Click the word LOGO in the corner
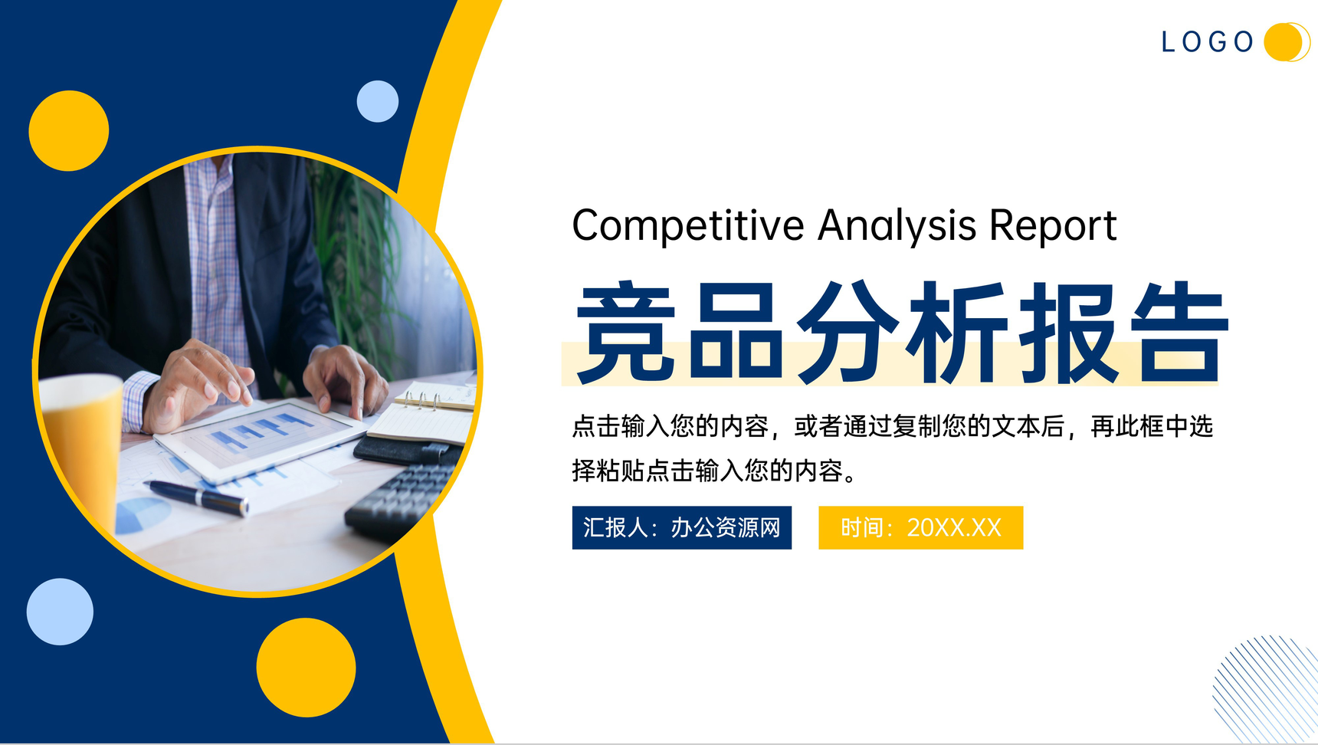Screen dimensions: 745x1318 tap(1207, 41)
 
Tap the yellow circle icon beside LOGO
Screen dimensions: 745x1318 tap(1285, 41)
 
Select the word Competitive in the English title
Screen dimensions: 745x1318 tap(687, 226)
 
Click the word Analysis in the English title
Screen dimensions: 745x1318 tap(897, 226)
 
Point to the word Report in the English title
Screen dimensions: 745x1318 tap(1052, 226)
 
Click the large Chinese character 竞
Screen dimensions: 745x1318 tap(626, 333)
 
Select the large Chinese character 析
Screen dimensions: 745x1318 tap(957, 333)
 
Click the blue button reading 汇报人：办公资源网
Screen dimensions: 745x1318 tap(681, 527)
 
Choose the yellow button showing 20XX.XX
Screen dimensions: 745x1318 tap(920, 527)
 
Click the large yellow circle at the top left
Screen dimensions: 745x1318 tap(69, 131)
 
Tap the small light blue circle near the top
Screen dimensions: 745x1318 tap(378, 101)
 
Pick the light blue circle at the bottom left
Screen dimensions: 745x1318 tap(60, 612)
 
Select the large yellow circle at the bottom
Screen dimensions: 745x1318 tap(306, 668)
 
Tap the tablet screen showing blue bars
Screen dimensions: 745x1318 tap(261, 437)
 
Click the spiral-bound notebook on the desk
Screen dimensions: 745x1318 tap(429, 414)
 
